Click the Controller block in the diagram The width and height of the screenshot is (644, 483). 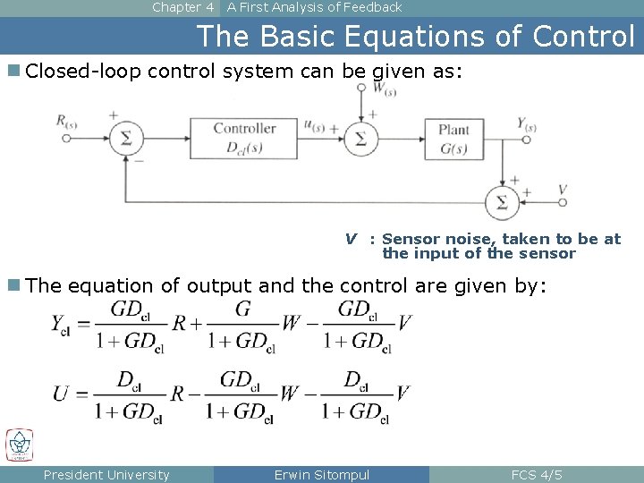[244, 138]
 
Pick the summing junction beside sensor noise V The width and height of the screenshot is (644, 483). [501, 202]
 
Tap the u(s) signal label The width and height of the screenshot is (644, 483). [314, 125]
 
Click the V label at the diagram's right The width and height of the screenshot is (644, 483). [562, 189]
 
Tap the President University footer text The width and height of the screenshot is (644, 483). [106, 475]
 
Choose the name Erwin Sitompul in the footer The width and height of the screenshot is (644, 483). [321, 475]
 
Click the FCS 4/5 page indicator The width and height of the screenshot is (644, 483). [536, 475]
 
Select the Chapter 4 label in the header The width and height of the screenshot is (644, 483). [183, 7]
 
